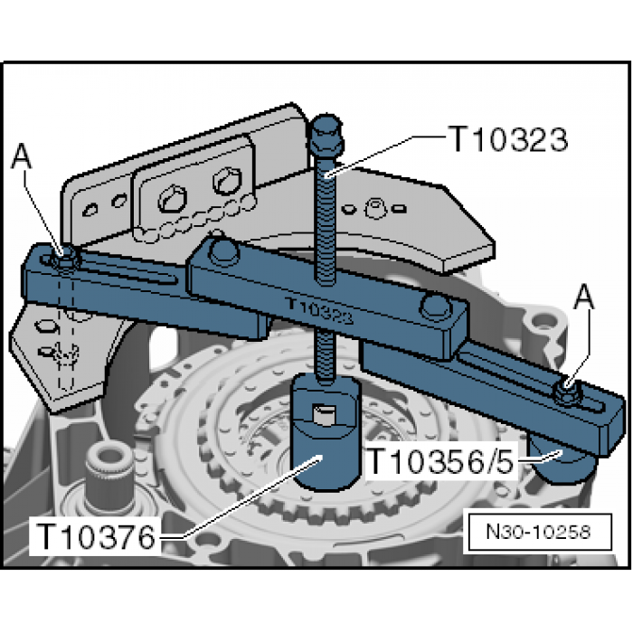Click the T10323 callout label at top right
coord(508,139)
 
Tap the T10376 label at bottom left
coord(96,536)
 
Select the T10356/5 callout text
coord(441,461)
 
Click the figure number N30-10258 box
coord(540,532)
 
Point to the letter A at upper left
coord(22,156)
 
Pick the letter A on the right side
coord(584,297)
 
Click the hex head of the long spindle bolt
coord(326,135)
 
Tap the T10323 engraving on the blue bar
coord(319,311)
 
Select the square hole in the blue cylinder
coord(325,415)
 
